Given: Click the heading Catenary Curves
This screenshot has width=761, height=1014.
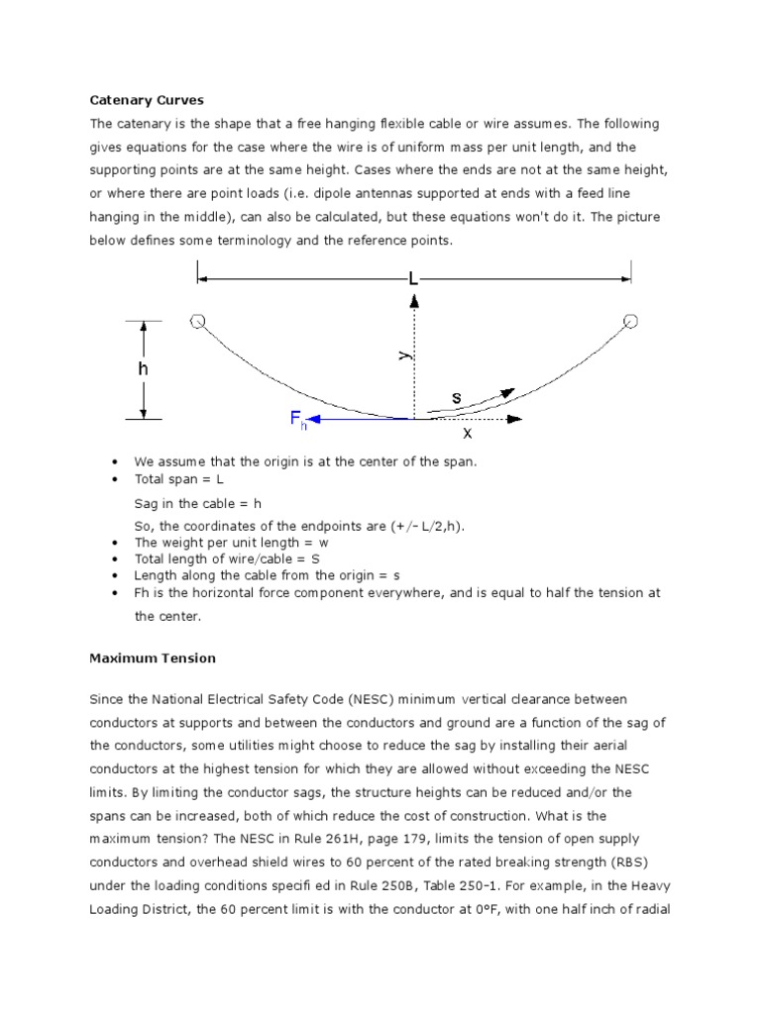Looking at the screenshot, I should tap(147, 100).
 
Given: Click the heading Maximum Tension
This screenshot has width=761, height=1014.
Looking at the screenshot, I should tap(153, 658).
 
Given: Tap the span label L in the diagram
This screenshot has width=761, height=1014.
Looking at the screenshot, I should tap(414, 280).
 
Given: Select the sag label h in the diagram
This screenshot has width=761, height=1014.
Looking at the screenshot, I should tap(144, 367).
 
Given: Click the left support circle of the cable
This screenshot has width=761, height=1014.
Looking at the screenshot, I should tap(197, 321).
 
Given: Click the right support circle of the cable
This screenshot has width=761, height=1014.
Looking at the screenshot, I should tap(630, 321).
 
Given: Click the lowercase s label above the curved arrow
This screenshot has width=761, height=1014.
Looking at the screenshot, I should tap(456, 397).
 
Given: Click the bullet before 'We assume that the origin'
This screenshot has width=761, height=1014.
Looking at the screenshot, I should tap(117, 462).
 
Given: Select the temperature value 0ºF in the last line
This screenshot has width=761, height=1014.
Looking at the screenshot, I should tap(513, 908).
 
